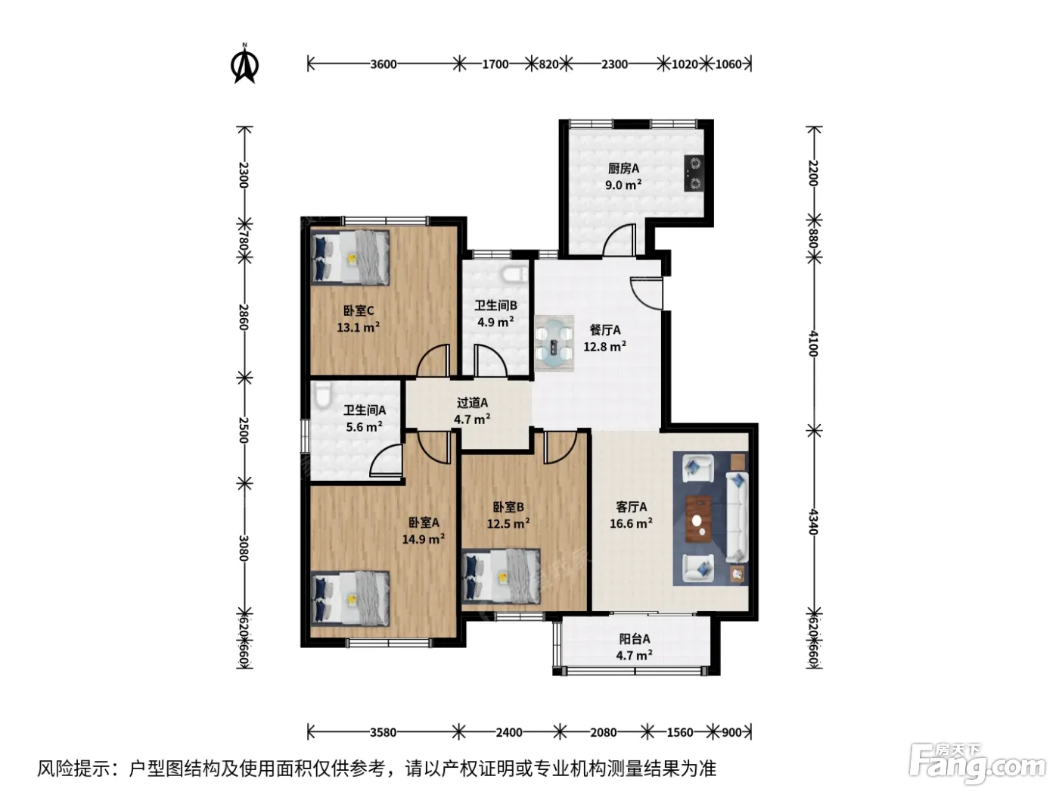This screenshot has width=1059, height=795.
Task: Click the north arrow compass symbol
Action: click(x=245, y=64)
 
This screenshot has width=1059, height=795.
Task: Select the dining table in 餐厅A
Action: click(x=554, y=343)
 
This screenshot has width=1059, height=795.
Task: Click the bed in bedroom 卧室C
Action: click(x=349, y=257)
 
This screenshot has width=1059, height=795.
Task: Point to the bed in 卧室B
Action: click(x=501, y=576)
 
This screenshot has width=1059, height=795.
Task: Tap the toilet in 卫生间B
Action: click(x=514, y=275)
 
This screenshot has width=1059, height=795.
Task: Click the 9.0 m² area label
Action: click(x=623, y=185)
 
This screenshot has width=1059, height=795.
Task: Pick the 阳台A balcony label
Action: click(x=635, y=639)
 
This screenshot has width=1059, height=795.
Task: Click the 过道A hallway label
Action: click(x=472, y=403)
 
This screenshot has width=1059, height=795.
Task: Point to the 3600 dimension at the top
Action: click(x=384, y=64)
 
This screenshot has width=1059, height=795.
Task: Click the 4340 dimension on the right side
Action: click(x=812, y=522)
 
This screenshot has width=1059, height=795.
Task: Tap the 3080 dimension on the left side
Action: click(x=244, y=548)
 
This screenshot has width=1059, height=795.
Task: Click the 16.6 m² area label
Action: click(x=631, y=523)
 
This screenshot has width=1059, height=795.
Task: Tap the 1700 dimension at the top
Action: click(x=495, y=64)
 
